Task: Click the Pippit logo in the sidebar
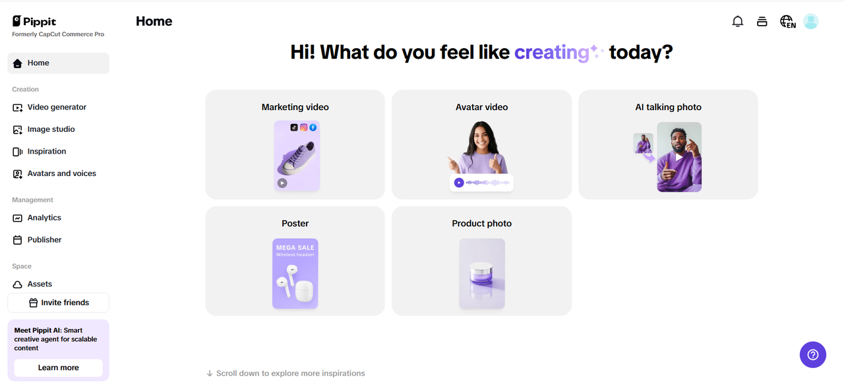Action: click(x=34, y=22)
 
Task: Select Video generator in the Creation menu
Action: click(x=57, y=107)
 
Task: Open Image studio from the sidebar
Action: click(x=51, y=129)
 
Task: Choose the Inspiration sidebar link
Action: click(x=46, y=152)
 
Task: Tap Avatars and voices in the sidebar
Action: click(x=61, y=173)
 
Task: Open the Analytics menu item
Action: click(x=44, y=218)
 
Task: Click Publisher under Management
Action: click(x=44, y=240)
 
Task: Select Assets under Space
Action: click(x=40, y=284)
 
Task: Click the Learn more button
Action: click(x=59, y=368)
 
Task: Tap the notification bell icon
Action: click(x=737, y=22)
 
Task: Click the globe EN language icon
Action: click(x=787, y=22)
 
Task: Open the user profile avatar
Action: click(x=810, y=22)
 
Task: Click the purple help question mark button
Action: click(x=813, y=355)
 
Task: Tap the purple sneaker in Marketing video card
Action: click(x=297, y=158)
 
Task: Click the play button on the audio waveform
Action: click(x=458, y=183)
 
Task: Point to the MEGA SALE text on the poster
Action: click(x=295, y=248)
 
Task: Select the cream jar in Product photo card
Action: click(x=481, y=274)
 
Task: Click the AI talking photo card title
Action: click(x=668, y=107)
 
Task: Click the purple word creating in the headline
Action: click(x=552, y=52)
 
